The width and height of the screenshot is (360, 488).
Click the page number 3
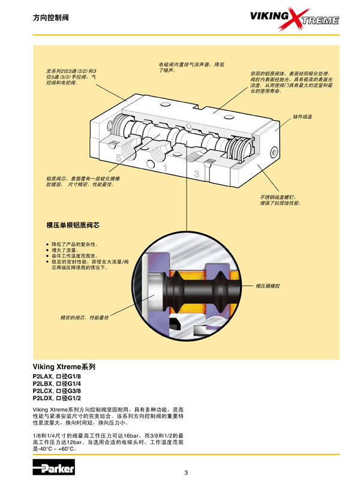(186, 473)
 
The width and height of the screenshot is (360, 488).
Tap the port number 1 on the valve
(164, 168)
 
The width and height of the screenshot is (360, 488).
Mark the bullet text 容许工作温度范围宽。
(74, 256)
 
